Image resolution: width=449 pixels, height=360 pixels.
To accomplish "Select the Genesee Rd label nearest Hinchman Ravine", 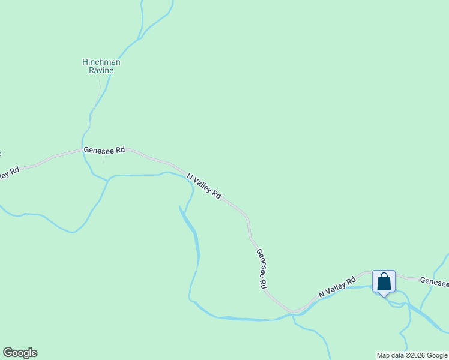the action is tap(104, 149).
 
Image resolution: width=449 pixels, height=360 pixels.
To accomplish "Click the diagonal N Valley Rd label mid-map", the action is tap(204, 186).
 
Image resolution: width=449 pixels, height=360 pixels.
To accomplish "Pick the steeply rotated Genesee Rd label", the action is tap(261, 269).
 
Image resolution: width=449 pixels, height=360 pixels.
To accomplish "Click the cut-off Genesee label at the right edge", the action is tap(433, 281).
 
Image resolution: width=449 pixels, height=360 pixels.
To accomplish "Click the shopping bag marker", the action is tap(384, 281).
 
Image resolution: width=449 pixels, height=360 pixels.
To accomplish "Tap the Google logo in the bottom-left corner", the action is tap(20, 353).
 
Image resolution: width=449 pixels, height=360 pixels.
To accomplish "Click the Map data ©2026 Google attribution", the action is tap(412, 355).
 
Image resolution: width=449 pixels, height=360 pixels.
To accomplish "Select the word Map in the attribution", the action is tap(383, 355).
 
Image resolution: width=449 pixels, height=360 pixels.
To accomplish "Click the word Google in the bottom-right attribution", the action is tap(436, 355).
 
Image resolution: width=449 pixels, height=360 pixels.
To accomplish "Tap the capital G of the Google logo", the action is tap(7, 353).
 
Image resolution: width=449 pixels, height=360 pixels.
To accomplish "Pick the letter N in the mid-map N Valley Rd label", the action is tap(190, 176).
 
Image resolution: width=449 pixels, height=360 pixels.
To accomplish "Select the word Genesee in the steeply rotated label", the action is tap(260, 265).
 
